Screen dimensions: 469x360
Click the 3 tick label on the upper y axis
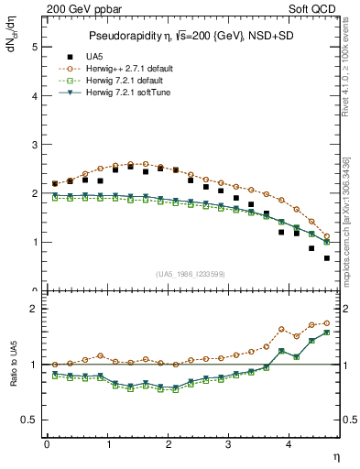coord(34,145)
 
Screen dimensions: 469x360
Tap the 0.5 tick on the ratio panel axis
coord(29,420)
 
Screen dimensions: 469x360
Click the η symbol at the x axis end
coord(337,455)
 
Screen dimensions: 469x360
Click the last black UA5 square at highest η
coord(326,258)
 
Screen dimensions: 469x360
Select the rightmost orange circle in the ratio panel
coord(326,322)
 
